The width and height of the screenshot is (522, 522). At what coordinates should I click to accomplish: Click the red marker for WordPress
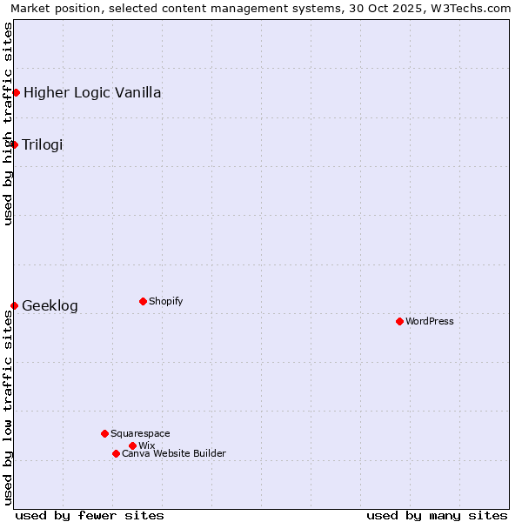tap(399, 321)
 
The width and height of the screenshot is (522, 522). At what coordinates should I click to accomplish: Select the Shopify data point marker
tap(143, 301)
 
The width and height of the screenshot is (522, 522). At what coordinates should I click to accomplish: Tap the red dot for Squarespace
tap(104, 433)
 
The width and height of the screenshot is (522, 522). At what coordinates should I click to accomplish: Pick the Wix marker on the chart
tap(132, 445)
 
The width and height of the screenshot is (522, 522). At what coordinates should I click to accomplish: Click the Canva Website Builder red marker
tap(116, 453)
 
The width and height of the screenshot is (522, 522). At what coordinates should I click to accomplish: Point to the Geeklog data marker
tap(14, 305)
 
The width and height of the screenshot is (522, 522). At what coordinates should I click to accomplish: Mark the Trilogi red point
tap(14, 144)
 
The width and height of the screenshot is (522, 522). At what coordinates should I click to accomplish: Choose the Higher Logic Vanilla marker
tap(16, 92)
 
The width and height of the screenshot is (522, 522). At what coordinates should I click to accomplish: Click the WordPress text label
tap(430, 321)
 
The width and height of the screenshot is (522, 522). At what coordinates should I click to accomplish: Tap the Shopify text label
tap(166, 301)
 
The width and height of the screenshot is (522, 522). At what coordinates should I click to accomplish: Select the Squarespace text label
tap(140, 433)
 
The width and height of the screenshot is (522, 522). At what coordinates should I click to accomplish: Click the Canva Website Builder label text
tap(174, 453)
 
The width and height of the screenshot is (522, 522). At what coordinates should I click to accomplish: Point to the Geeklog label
tap(50, 305)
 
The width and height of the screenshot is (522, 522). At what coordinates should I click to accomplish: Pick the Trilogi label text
tap(43, 144)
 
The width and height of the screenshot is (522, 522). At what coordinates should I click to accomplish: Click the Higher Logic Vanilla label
tap(92, 92)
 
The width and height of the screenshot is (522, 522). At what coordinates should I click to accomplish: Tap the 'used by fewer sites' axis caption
tap(90, 515)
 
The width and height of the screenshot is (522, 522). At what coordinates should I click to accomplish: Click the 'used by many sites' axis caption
tap(437, 515)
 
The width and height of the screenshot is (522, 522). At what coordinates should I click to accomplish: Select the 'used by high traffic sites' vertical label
tap(8, 124)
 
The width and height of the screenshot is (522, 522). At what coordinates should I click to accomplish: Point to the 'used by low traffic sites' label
tap(8, 407)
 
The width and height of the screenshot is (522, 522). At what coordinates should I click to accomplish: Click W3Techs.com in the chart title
tap(470, 8)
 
